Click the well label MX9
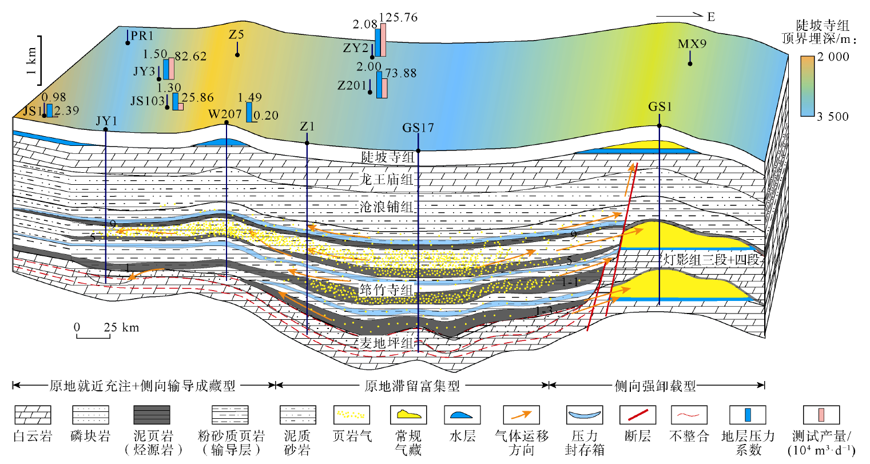(692, 43)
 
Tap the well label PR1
(142, 35)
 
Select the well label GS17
(418, 128)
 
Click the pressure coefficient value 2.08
(365, 24)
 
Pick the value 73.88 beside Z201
(401, 73)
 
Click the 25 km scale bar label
(121, 327)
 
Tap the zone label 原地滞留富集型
(412, 386)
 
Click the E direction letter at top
(711, 17)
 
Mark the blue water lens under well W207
(221, 142)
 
